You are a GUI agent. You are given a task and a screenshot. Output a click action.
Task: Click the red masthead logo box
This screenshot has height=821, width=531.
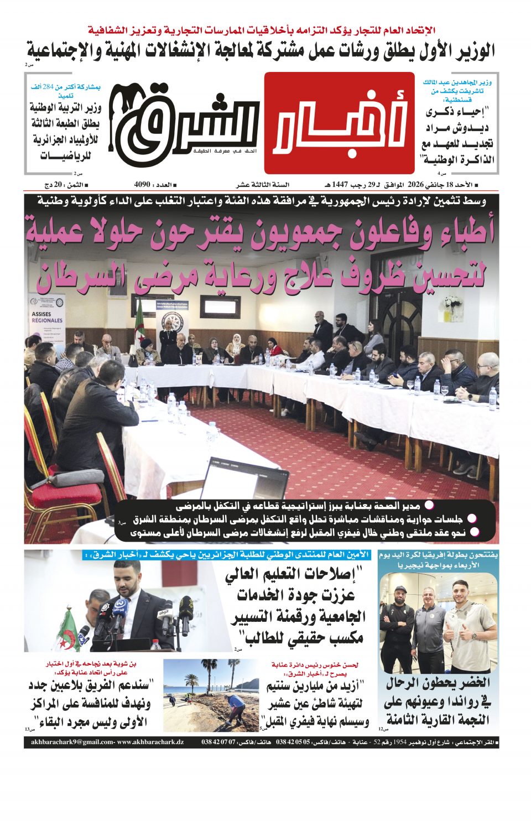(x=339, y=123)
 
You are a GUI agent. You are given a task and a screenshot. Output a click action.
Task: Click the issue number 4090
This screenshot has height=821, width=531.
(x=143, y=184)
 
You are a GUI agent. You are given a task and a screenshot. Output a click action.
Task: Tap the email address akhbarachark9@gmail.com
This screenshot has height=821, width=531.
(x=72, y=742)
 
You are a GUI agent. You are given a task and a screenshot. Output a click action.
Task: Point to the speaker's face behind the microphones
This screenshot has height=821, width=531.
(x=125, y=575)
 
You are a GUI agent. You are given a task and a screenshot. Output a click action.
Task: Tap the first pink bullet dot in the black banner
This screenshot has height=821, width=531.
(x=429, y=505)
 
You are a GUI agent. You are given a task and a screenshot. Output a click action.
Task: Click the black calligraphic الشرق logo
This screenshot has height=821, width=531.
(x=183, y=124)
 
